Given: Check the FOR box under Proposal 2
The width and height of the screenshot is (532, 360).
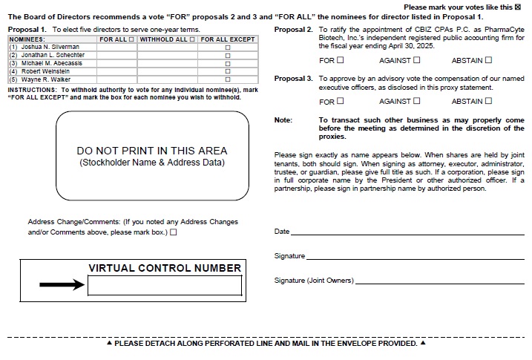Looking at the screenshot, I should (x=341, y=60).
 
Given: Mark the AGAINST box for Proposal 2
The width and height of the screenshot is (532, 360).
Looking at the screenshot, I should (x=416, y=60).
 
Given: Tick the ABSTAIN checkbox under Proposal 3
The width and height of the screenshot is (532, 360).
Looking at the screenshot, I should (x=488, y=101).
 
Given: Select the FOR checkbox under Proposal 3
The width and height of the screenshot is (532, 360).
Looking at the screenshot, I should (x=341, y=101).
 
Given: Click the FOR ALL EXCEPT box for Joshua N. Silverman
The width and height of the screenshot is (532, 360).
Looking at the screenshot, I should (x=228, y=47).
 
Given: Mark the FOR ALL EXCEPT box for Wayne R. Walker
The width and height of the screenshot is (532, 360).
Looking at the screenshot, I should (x=228, y=79).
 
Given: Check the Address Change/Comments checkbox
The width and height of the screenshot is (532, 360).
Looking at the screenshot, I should (x=174, y=232).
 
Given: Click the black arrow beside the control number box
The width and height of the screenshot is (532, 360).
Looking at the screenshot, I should (x=62, y=284).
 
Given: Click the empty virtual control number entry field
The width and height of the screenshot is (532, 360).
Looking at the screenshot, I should (x=165, y=285).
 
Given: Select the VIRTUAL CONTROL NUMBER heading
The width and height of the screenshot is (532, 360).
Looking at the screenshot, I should (x=165, y=268).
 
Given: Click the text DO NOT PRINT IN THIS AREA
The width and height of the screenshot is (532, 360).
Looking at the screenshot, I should (x=152, y=151).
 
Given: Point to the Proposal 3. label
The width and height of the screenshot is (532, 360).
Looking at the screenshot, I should (x=293, y=78).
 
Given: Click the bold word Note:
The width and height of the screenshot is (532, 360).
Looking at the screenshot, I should (x=283, y=120).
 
